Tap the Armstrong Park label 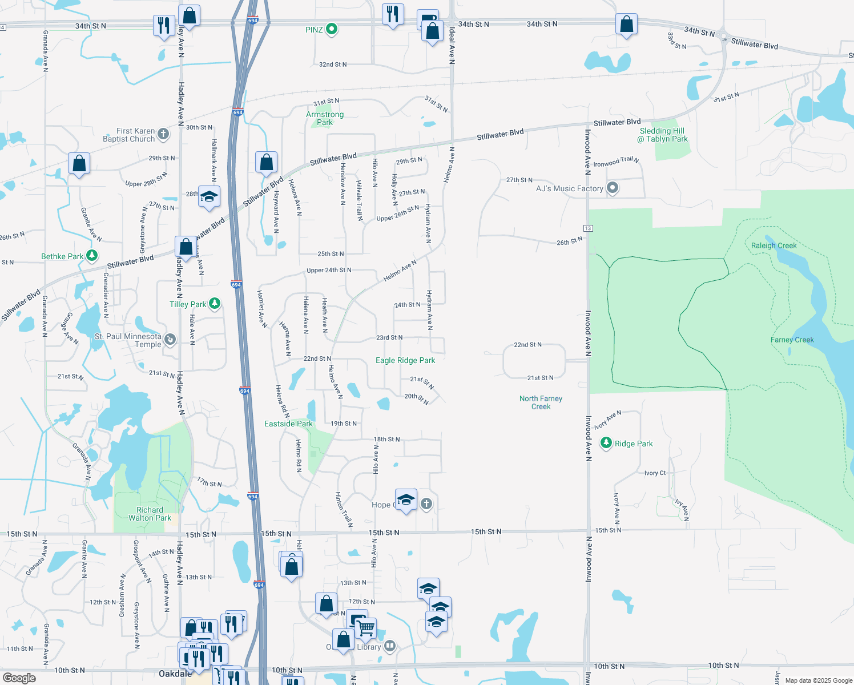325,118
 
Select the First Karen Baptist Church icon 163,134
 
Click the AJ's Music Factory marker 613,188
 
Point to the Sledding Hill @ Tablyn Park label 663,135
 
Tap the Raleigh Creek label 774,245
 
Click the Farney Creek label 792,340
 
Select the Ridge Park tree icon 606,443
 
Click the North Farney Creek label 541,402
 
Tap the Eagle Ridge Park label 405,360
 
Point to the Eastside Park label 288,424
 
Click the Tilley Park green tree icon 215,304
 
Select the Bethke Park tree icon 91,256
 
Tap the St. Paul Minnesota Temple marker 170,340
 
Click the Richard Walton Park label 150,514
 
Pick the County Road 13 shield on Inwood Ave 588,228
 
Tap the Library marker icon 390,646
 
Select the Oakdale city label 175,674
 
